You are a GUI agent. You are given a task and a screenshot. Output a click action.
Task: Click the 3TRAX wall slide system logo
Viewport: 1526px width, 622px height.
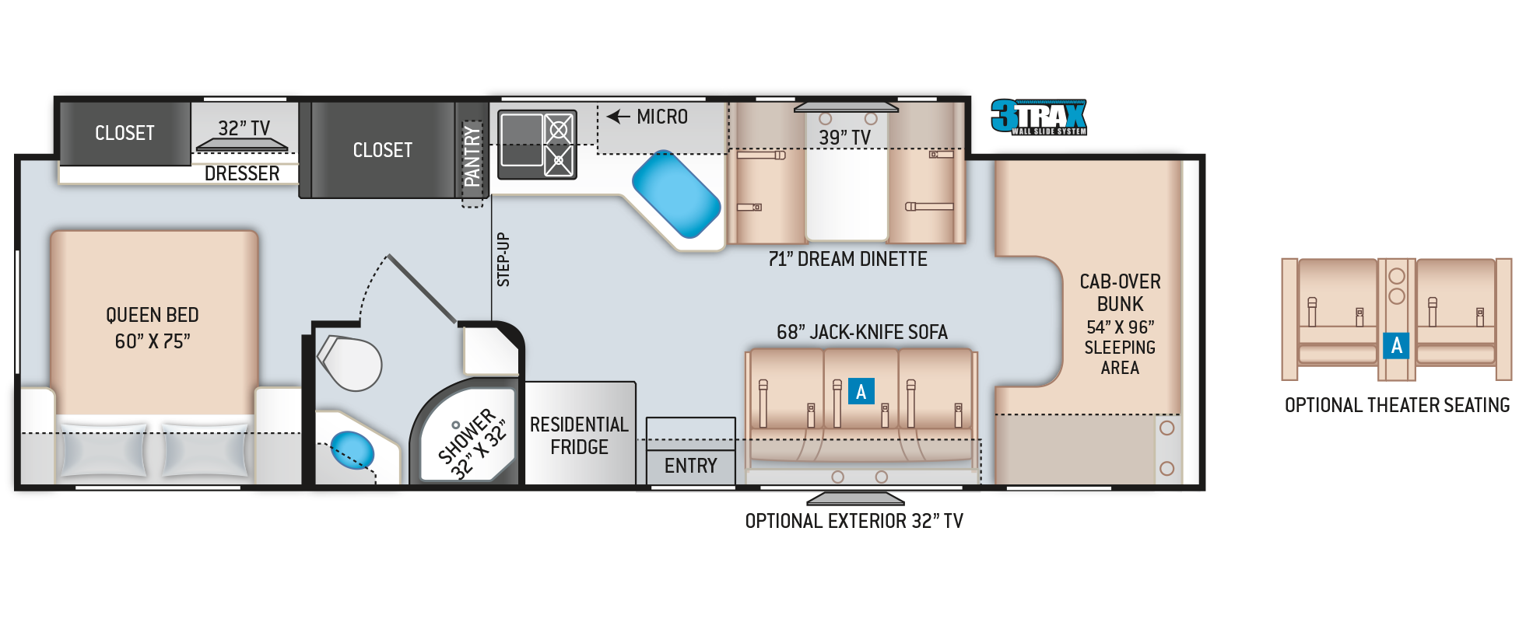[1039, 117]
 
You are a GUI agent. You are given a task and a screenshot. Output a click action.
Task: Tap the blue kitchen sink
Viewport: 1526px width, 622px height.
[675, 194]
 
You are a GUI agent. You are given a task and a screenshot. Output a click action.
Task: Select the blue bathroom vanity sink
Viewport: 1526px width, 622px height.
[352, 450]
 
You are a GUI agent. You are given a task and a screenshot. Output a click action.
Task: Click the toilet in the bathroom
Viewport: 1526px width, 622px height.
[351, 362]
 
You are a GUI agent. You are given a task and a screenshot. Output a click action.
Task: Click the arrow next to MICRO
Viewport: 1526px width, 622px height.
[618, 117]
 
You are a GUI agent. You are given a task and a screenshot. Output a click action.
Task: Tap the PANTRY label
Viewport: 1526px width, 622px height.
[472, 156]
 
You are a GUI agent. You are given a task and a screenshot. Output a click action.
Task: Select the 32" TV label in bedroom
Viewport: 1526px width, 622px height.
[244, 128]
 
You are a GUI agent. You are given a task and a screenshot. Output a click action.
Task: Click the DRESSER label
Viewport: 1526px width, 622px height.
[241, 173]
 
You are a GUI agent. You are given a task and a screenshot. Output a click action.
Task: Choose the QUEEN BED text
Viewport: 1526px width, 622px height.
[153, 315]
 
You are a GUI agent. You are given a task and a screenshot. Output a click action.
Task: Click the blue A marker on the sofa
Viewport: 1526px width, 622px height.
[861, 391]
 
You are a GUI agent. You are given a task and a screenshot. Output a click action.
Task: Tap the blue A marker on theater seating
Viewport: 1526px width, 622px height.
[1396, 345]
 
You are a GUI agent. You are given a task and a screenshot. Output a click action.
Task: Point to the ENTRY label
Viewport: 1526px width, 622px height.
[690, 466]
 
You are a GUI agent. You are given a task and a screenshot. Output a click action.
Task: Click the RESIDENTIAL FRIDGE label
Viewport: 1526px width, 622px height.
[579, 435]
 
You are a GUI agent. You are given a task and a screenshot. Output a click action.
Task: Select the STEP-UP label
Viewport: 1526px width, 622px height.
[503, 260]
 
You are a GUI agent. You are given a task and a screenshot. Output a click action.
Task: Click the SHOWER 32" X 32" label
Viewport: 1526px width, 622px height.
[472, 443]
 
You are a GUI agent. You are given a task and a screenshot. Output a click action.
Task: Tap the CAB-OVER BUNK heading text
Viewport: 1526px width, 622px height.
[1120, 292]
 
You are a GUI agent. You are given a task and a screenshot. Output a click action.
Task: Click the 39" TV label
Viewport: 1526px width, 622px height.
[844, 138]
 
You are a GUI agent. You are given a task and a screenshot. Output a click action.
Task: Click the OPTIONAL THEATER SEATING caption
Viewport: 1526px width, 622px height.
[1397, 405]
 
